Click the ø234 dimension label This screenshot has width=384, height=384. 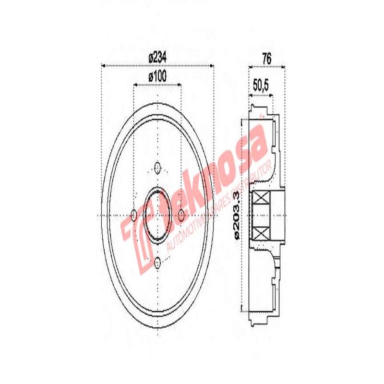(x=157, y=57)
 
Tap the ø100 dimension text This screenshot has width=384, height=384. (x=157, y=76)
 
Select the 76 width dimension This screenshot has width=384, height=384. (x=267, y=60)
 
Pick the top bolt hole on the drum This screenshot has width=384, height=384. (x=157, y=168)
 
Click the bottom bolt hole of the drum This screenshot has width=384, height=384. (x=157, y=262)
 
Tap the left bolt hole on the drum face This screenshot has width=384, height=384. (x=134, y=215)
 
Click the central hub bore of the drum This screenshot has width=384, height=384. (x=157, y=215)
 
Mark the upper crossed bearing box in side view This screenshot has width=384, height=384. (x=260, y=199)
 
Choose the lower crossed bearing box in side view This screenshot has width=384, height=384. (x=260, y=233)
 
